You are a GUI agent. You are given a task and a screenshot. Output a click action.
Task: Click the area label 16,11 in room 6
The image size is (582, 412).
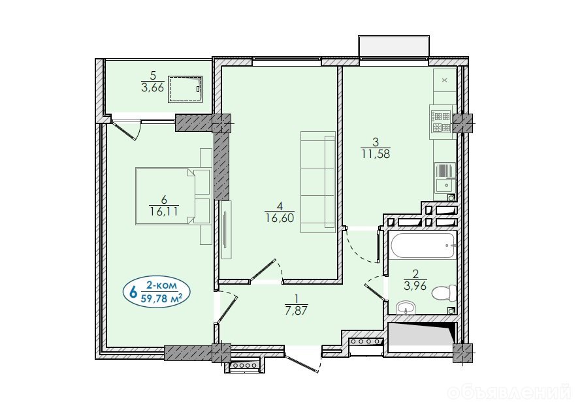pos(164,212)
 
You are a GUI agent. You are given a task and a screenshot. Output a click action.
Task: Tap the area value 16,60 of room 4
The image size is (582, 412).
pos(280,218)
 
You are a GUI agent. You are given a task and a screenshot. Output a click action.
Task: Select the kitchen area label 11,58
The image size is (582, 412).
pos(376,153)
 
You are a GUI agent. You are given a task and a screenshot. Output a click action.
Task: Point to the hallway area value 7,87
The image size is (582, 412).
pos(296,310)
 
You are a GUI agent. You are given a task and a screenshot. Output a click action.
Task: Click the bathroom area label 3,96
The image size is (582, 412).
pos(415,286)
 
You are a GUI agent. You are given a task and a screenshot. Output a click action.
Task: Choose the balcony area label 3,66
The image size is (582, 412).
pos(153,87)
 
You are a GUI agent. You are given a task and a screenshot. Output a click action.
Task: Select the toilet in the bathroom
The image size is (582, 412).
pos(444,293)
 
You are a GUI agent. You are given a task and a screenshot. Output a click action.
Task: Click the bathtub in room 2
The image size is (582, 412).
pos(423,245)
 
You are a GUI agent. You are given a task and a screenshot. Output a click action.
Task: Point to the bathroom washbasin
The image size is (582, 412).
pos(407,308)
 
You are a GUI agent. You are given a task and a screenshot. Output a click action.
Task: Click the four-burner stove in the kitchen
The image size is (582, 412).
pos(442,122)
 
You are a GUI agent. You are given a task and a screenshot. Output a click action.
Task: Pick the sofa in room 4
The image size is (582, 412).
pos(318,182)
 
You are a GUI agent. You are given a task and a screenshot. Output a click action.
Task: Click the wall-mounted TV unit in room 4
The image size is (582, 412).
pos(226,230)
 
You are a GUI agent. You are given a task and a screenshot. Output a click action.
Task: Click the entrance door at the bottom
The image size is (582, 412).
pos(303,360)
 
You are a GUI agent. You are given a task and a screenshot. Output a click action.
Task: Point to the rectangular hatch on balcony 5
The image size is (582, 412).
pos(186,89)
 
